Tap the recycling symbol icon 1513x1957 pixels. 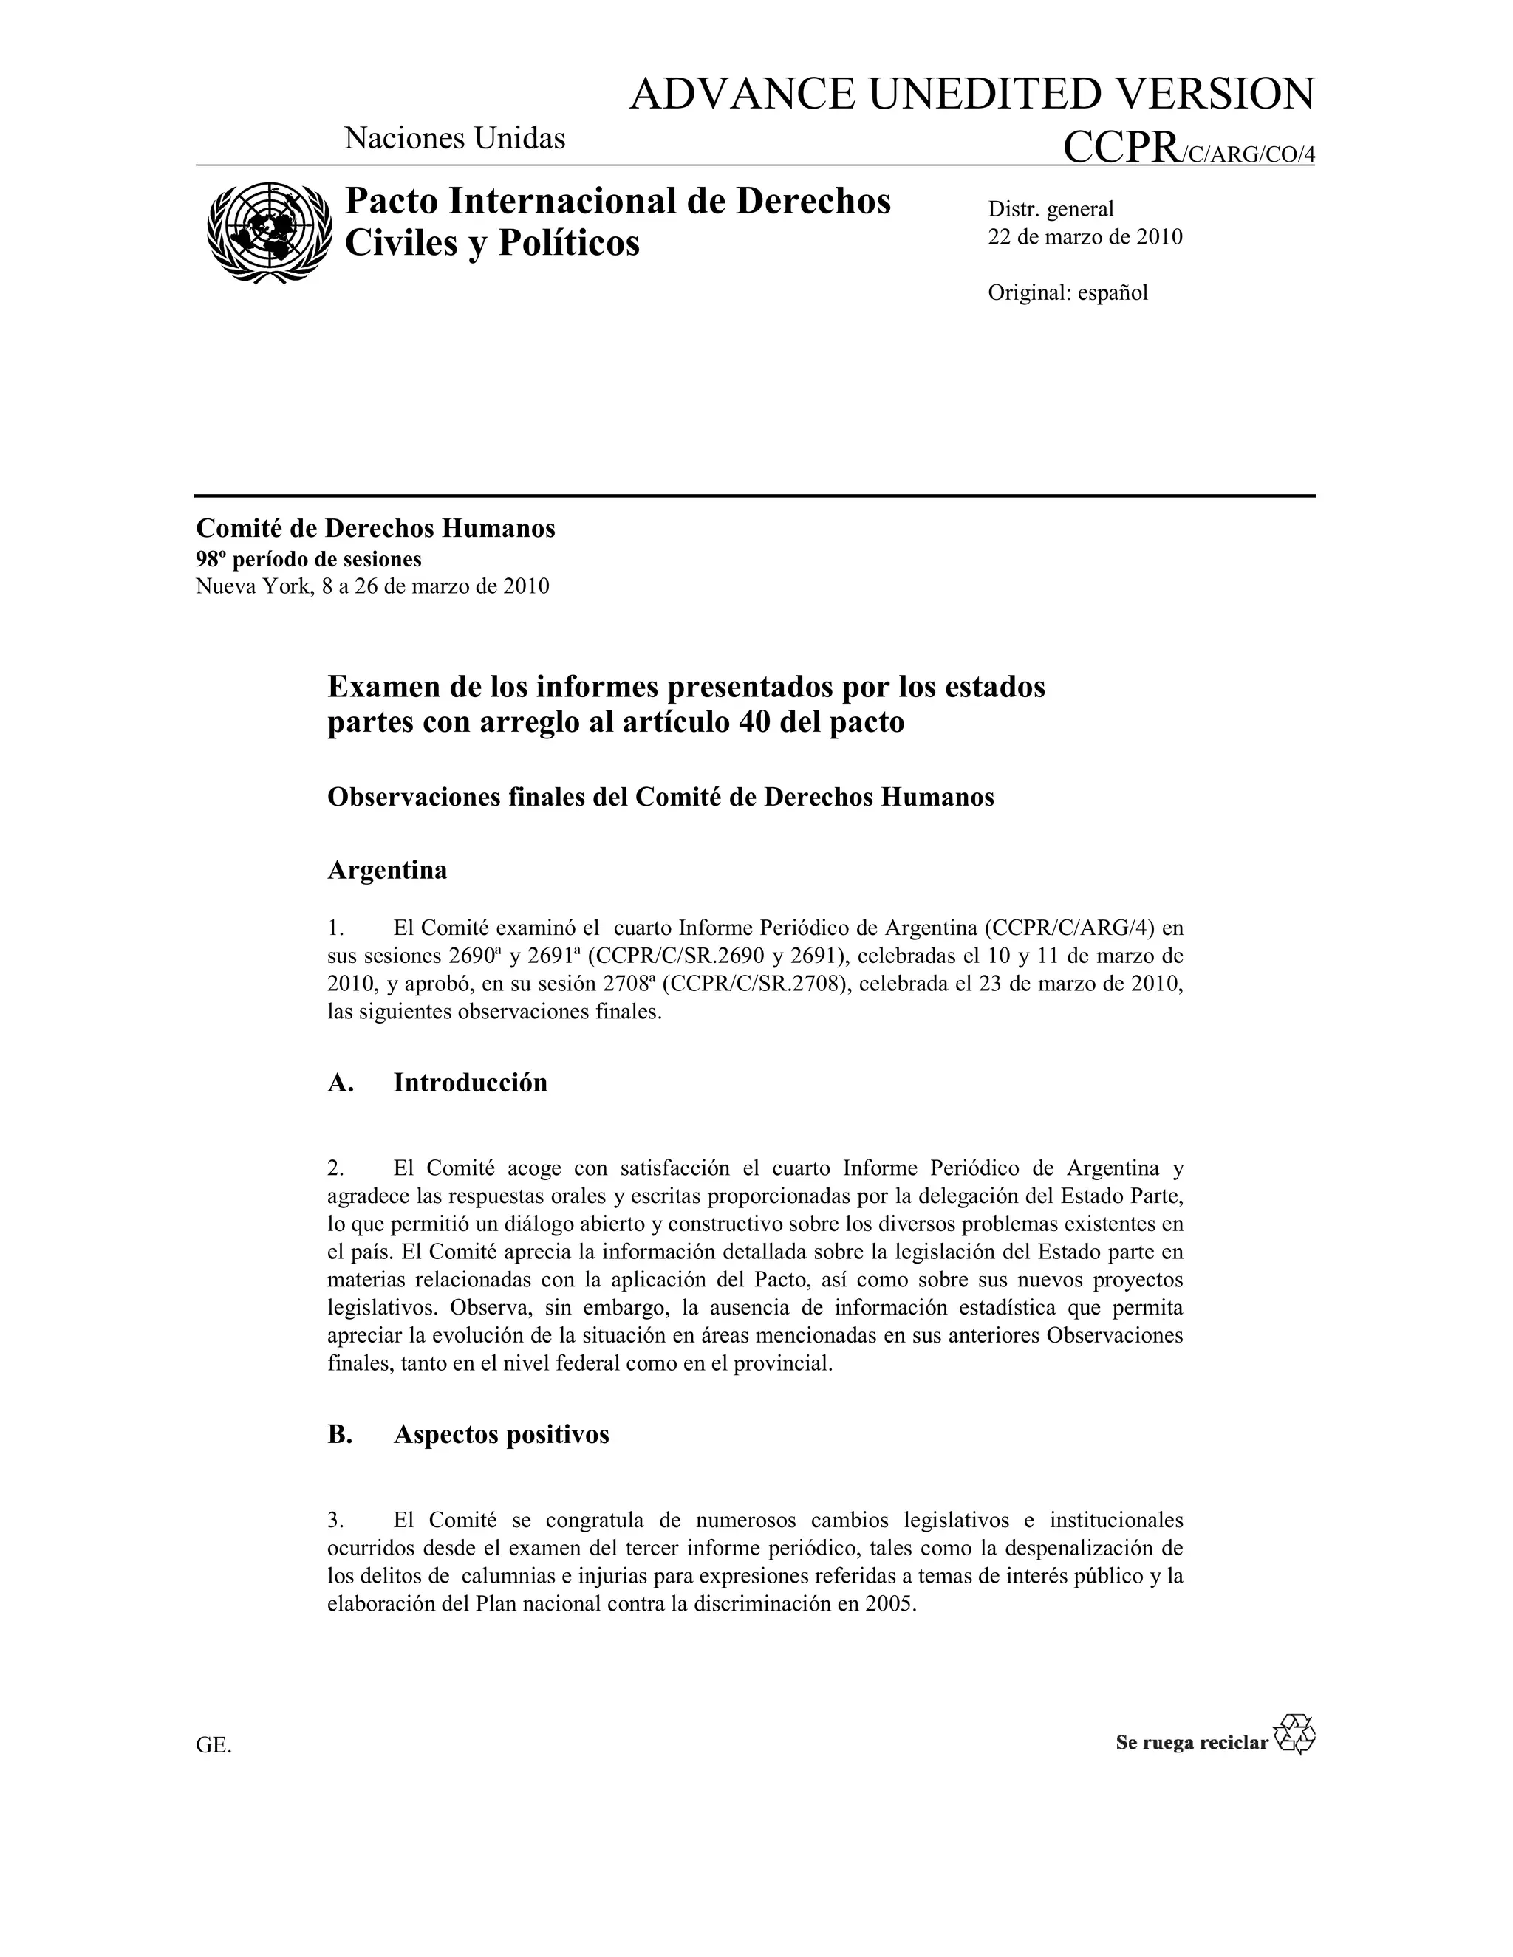click(1294, 1735)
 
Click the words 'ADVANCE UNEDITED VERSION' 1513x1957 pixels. click(971, 94)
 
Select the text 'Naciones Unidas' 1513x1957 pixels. click(454, 138)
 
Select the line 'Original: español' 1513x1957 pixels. click(1068, 293)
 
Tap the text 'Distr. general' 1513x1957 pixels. click(1051, 209)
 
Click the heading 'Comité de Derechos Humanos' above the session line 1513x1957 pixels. click(375, 529)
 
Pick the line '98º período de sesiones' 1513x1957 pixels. click(308, 559)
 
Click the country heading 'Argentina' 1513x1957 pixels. click(387, 870)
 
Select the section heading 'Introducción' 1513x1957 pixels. click(470, 1083)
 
